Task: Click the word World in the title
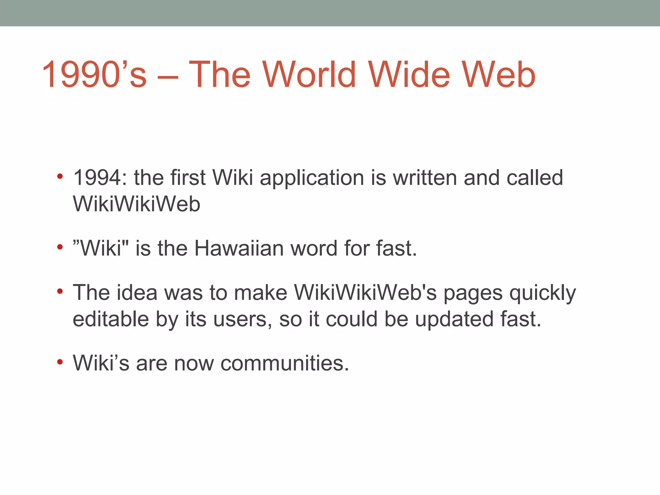click(309, 75)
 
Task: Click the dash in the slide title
click(168, 77)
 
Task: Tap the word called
click(535, 178)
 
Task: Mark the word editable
click(111, 319)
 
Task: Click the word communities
click(285, 363)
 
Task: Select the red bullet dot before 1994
click(60, 177)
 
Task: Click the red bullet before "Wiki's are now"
click(60, 362)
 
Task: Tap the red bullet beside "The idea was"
click(60, 292)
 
